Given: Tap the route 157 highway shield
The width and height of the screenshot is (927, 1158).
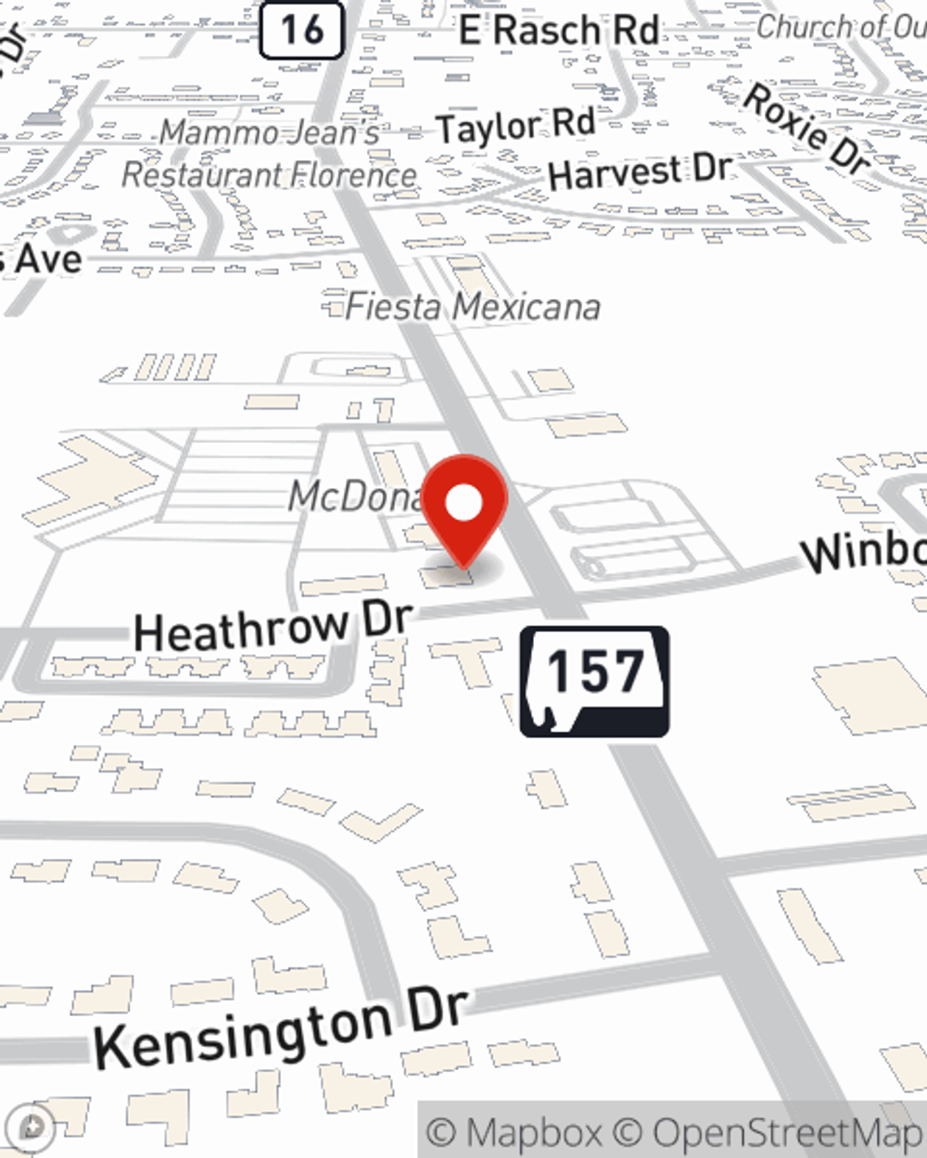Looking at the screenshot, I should point(594,682).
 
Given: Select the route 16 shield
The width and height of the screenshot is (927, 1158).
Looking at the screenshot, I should point(301,30).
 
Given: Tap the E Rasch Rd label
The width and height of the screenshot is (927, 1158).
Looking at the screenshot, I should point(559,31).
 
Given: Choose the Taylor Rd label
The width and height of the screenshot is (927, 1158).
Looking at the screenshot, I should point(515,125).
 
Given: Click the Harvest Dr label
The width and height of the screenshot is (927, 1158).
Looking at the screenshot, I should point(640,171).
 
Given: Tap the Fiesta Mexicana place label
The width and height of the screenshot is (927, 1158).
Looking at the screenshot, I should point(472,307).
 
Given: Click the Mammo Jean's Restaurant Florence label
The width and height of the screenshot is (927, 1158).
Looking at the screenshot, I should point(270,154).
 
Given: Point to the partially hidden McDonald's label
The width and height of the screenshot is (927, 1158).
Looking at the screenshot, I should point(357,497).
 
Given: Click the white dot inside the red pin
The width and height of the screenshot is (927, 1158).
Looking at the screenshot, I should point(464,503).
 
